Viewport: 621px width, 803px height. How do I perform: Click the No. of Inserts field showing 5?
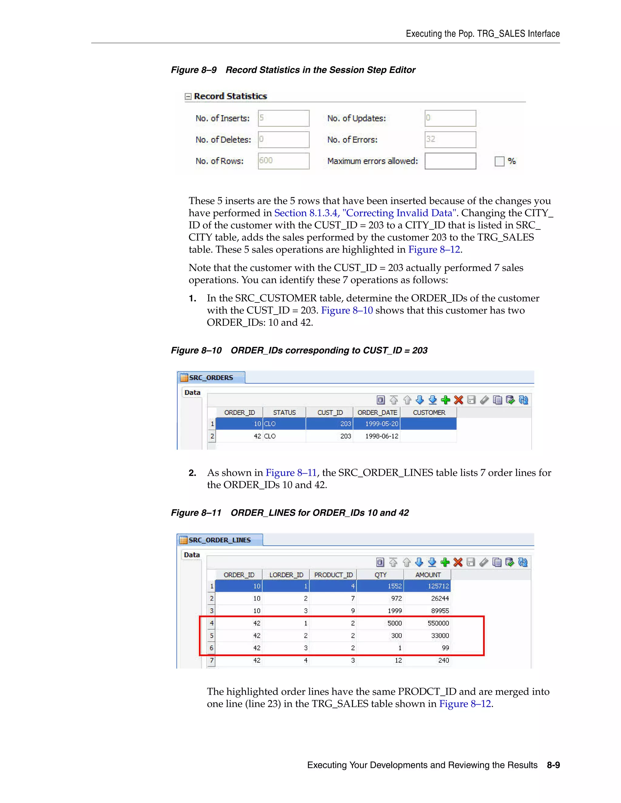pos(283,118)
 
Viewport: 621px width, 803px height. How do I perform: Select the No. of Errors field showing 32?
pos(450,139)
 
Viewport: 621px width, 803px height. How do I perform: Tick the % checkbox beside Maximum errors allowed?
pos(499,161)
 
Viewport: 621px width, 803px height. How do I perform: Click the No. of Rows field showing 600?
pos(283,161)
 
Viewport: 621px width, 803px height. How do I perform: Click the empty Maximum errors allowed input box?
pos(450,161)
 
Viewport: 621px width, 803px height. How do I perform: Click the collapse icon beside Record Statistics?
pos(188,96)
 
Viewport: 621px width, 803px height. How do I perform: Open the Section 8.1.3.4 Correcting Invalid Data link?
pos(365,213)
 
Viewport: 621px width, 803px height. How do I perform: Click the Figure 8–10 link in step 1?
pos(347,310)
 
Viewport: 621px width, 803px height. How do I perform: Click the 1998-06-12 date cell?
pos(381,436)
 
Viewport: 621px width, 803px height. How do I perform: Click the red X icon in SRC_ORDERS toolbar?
pos(458,400)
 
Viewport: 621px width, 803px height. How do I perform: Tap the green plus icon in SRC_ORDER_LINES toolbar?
pos(445,562)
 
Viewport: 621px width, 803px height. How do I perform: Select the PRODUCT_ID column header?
pos(333,575)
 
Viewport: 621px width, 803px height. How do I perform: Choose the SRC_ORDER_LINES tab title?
pos(219,540)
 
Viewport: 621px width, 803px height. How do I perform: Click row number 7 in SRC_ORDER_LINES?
pos(212,660)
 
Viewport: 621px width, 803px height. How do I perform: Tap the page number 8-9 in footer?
pos(553,765)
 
